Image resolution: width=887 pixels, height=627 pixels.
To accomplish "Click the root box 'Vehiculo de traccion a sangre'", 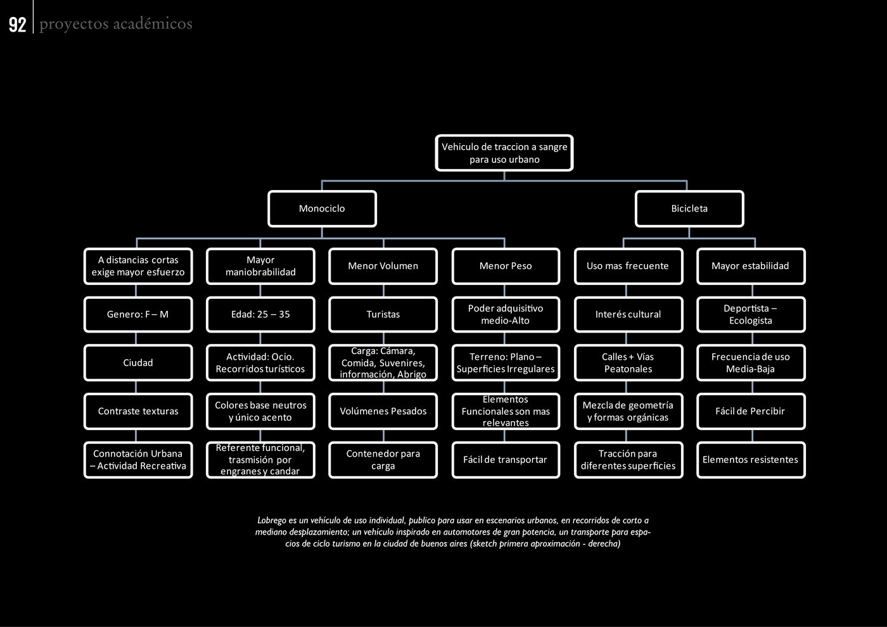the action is (x=504, y=153).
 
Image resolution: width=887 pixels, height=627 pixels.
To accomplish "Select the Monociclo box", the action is (x=322, y=208).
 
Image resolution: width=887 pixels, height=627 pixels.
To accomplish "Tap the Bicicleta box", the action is (x=689, y=208).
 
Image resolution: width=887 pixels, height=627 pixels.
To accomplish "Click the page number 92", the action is (x=18, y=25).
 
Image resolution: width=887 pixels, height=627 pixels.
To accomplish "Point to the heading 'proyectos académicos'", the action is (x=116, y=24).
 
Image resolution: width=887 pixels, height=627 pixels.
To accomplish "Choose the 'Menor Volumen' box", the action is (x=383, y=266).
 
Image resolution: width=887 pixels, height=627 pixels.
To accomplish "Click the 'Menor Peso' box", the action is (x=506, y=266).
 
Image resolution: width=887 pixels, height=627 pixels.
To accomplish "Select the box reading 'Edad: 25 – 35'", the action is (x=260, y=314).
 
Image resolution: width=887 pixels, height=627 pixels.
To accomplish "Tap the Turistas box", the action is (x=383, y=314).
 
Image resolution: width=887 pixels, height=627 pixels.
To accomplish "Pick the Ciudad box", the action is (x=138, y=362).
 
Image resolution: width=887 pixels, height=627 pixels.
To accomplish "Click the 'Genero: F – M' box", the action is (x=138, y=314).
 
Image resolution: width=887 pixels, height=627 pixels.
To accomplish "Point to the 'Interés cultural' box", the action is (x=629, y=314).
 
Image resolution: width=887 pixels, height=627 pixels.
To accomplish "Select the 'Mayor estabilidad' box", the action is (x=751, y=266).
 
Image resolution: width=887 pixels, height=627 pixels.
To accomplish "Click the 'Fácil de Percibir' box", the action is (x=751, y=411).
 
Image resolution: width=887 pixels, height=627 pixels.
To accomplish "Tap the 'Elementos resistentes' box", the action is (x=751, y=460).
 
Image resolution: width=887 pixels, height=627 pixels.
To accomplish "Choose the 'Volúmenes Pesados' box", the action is (x=383, y=411).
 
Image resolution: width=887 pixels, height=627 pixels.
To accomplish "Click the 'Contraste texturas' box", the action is (x=138, y=411).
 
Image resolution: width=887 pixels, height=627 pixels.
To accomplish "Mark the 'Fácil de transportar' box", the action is (x=506, y=460).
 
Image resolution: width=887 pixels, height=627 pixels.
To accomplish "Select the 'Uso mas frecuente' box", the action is (x=629, y=266).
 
